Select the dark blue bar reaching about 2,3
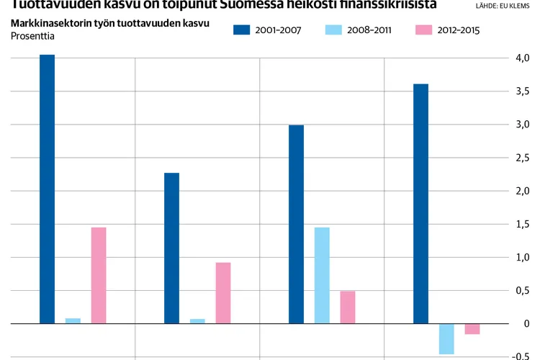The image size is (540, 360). coord(171,248)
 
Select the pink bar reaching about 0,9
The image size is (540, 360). coord(223,293)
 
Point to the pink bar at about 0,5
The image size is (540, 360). coord(348,307)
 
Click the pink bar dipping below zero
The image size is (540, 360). coord(472,329)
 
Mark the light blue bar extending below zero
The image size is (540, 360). coord(446,339)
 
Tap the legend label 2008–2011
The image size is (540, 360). coord(369,30)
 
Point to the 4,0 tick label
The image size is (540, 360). coord(523,58)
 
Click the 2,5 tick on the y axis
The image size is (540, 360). coord(523,158)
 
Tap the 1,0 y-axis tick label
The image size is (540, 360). coord(523,257)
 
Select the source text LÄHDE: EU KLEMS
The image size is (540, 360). coord(503,6)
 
